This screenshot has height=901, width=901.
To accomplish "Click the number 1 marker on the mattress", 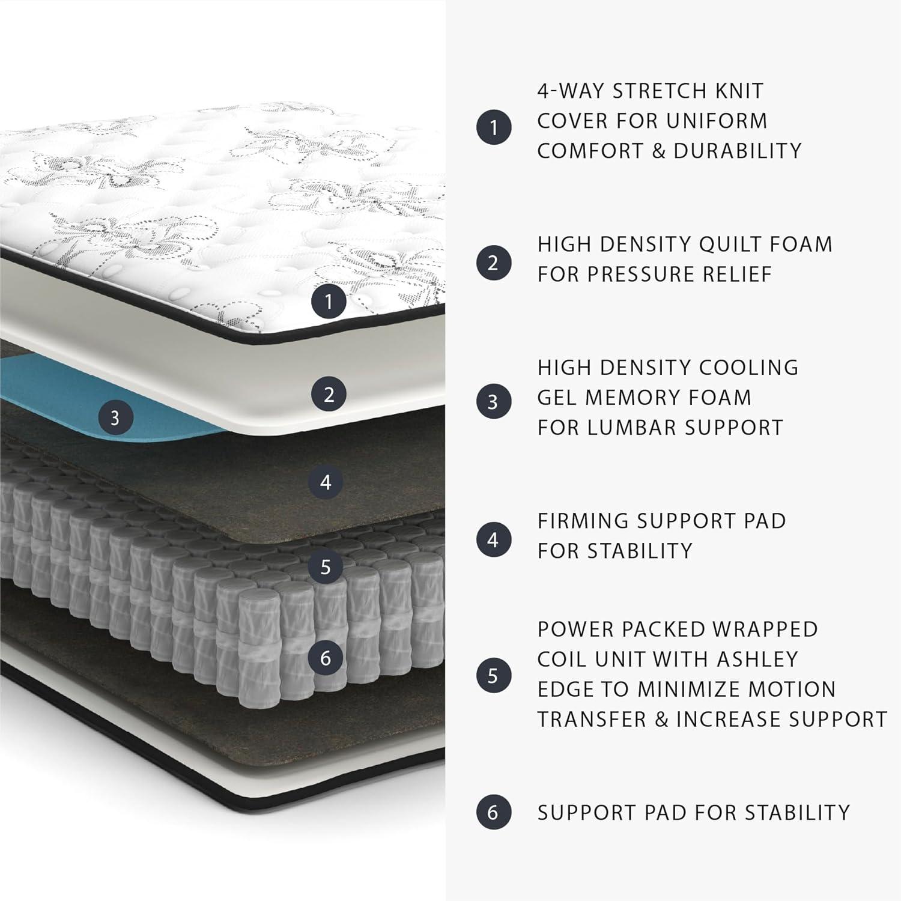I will pos(328,301).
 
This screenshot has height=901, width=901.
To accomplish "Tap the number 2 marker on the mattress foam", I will pos(329,395).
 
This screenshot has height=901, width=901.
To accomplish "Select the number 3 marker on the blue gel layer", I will pos(115,417).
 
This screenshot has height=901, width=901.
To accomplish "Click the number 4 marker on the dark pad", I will pos(326,482).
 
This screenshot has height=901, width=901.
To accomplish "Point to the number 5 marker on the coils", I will pos(326,566).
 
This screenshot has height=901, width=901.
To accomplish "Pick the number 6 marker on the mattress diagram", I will pos(326,658).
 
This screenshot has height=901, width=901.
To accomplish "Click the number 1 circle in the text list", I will pos(494,127).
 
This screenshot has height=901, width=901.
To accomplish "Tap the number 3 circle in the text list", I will pos(494,401).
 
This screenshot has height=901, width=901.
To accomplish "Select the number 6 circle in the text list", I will pos(494,813).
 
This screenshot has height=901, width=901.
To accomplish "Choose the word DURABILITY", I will pos(737,151).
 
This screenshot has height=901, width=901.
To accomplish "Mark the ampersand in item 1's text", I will pos(658,151).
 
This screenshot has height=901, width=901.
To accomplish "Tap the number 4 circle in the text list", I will pos(494,539).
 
